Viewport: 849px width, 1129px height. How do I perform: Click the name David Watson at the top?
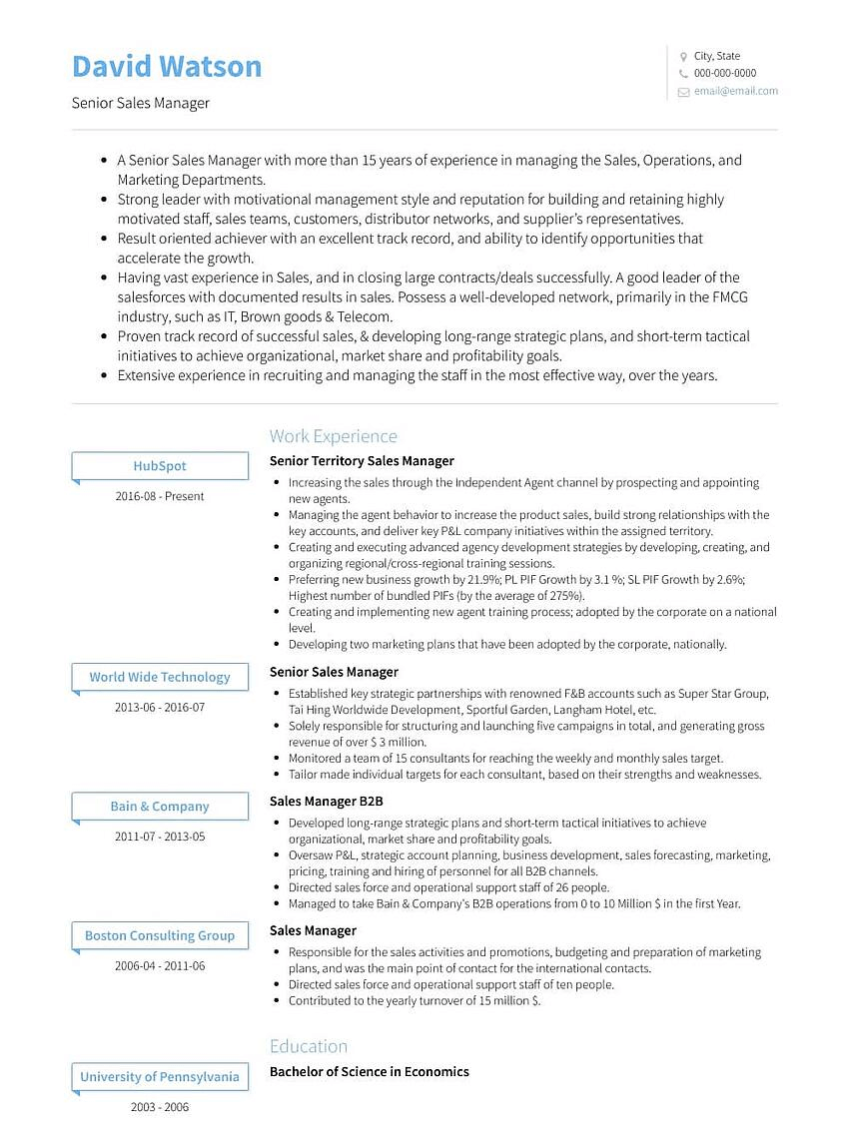coord(167,67)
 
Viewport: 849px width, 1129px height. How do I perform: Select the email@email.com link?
coord(735,91)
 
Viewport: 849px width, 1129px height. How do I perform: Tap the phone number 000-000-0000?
coord(724,73)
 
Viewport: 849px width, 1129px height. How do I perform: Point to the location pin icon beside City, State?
coord(683,57)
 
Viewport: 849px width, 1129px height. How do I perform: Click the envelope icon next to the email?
coord(683,92)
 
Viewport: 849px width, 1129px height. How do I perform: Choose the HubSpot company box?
coord(160,466)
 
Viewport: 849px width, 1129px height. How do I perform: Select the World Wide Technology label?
coord(160,677)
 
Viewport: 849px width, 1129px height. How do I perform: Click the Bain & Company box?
coord(160,807)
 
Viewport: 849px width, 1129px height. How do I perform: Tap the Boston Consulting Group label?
coord(160,936)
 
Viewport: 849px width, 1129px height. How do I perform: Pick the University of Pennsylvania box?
coord(160,1077)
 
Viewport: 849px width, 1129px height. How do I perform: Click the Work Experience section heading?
coord(333,436)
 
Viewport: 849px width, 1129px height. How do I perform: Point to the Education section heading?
coord(309,1046)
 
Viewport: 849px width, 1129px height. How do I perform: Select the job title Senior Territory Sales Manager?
coord(362,461)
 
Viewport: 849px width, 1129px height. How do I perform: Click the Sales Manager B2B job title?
coord(326,801)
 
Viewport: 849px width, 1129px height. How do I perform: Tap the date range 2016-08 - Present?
coord(160,496)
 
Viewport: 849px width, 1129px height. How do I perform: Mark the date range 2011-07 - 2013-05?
coord(160,837)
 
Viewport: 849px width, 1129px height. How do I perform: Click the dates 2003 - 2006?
coord(160,1107)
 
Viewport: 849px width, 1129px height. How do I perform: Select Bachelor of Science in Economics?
coord(369,1072)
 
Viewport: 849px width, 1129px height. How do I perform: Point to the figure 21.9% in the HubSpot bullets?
coord(482,580)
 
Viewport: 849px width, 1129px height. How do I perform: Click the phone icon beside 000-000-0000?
coord(683,74)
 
